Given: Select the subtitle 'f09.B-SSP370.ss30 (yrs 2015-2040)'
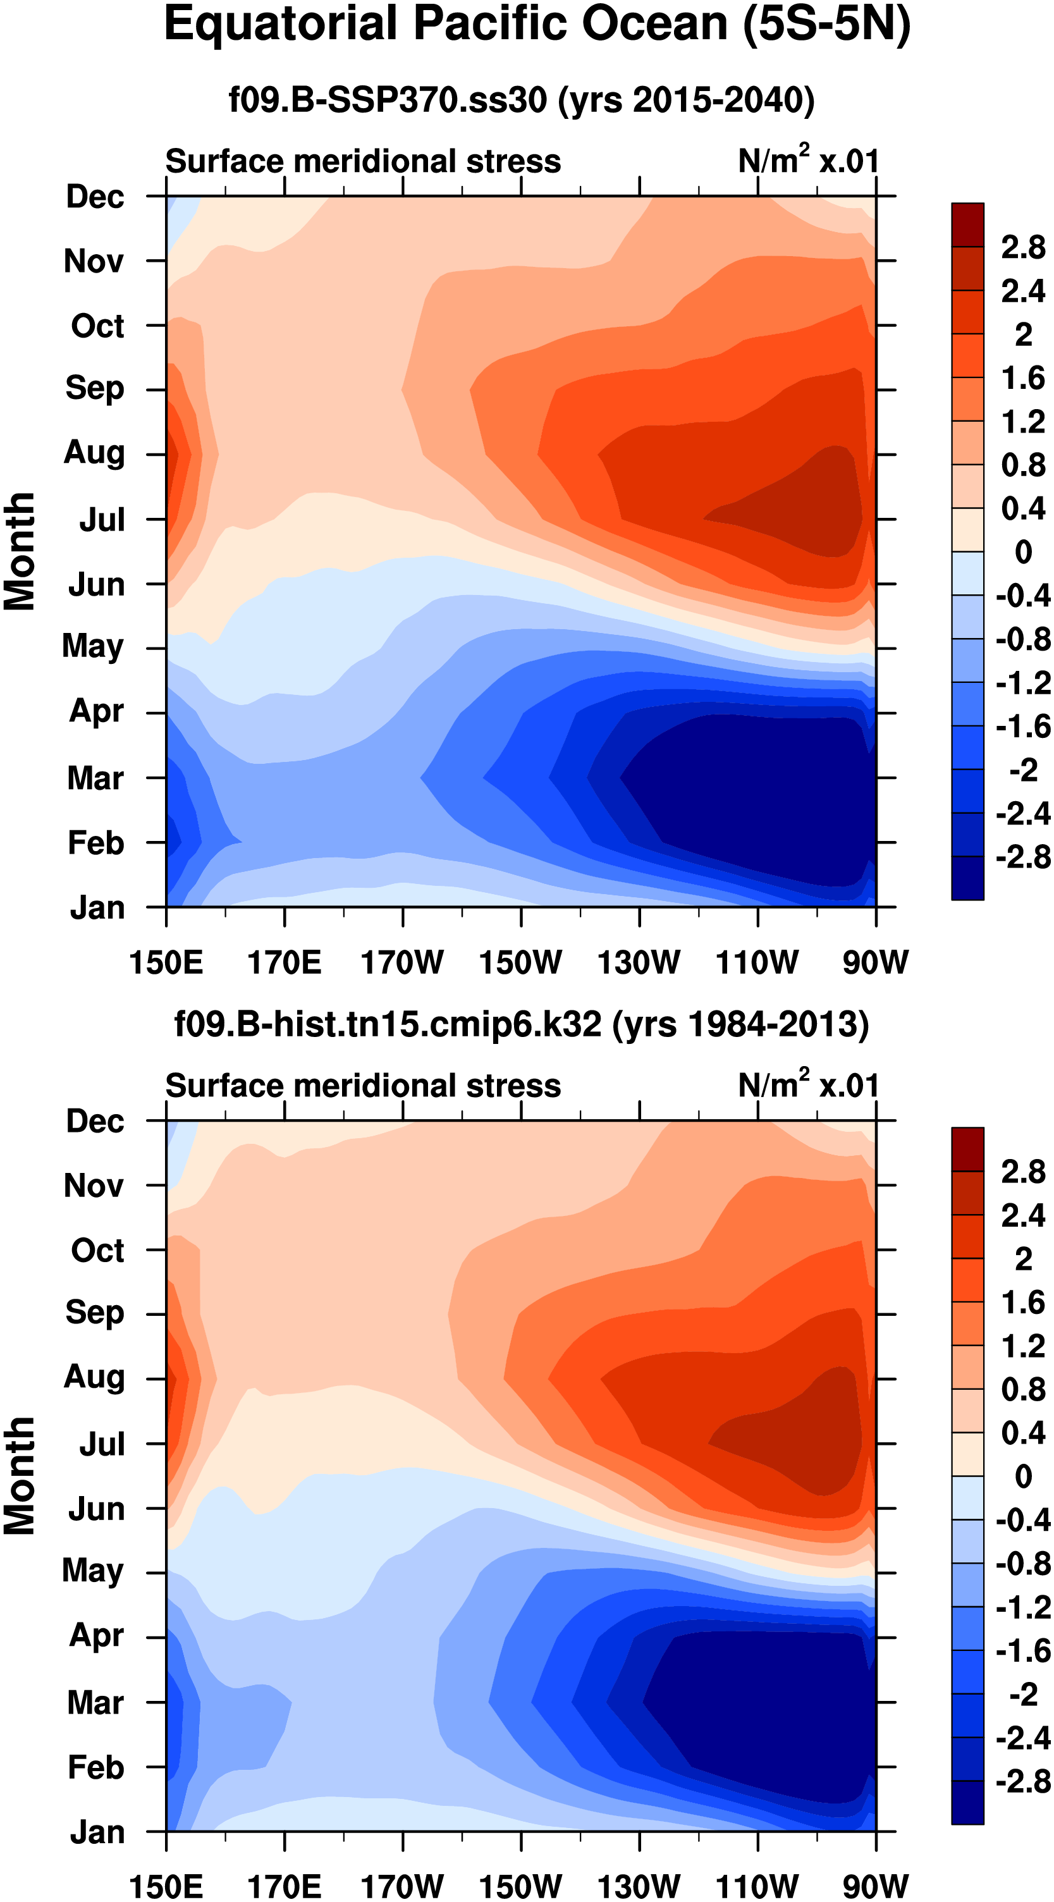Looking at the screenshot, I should pos(521,100).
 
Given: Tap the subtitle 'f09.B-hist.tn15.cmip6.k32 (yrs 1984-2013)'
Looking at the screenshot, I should pos(521,1024).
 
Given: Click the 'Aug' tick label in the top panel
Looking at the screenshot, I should pos(94,453).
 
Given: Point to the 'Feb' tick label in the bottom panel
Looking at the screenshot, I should pos(96,1767).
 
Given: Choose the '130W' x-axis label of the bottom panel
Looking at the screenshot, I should pos(639,1886).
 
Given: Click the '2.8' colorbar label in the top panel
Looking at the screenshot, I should pos(1022,247).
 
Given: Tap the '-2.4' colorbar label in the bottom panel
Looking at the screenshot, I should pos(1022,1738).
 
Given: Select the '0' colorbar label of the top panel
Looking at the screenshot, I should pos(1023,551).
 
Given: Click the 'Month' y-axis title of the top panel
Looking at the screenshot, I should pos(20,551).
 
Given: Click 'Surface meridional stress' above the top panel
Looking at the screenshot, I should pos(362,161).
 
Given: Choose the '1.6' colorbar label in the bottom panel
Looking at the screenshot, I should pos(1023,1303).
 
